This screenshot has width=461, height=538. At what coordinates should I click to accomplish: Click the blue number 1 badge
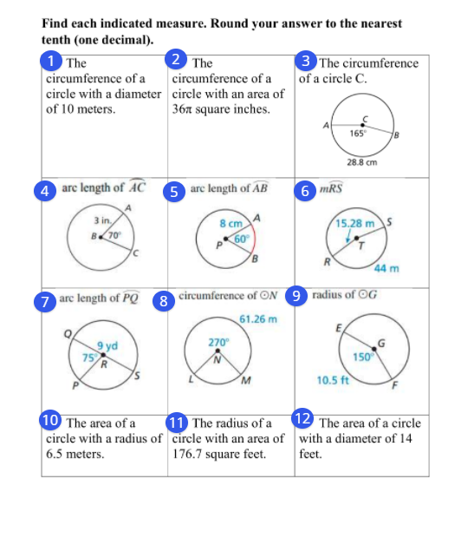pos(54,61)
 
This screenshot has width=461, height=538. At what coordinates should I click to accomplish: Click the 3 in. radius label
pos(101,223)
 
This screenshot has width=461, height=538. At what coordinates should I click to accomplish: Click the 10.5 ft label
pos(334,380)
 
